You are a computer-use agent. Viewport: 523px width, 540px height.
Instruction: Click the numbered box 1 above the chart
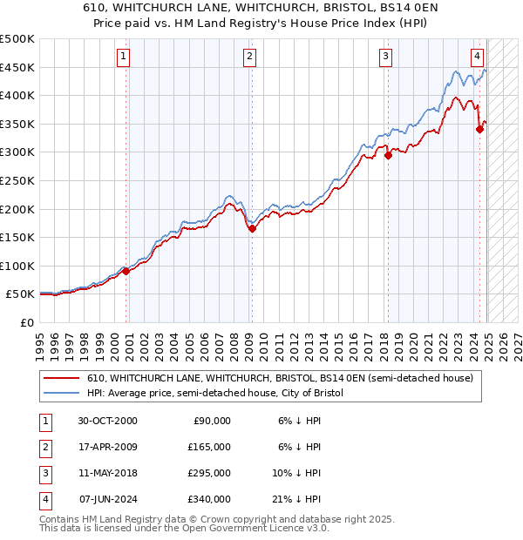click(x=123, y=57)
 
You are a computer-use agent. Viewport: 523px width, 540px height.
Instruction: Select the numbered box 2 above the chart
click(x=249, y=57)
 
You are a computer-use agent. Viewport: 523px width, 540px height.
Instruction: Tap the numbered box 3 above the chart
click(x=385, y=57)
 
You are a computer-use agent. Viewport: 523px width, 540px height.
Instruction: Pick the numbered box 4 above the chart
click(x=478, y=57)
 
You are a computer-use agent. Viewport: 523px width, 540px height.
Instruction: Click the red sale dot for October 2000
click(x=126, y=271)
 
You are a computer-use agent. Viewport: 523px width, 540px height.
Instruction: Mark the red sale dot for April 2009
click(x=252, y=229)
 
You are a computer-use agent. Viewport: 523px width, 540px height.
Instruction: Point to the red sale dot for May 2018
click(x=388, y=156)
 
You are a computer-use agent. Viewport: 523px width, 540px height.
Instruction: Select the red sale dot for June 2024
click(x=479, y=130)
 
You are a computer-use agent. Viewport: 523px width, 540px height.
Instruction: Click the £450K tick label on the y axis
click(x=17, y=67)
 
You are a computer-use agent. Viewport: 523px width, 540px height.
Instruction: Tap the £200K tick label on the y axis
click(x=17, y=209)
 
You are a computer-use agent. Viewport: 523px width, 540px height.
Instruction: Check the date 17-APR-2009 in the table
click(x=107, y=447)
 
